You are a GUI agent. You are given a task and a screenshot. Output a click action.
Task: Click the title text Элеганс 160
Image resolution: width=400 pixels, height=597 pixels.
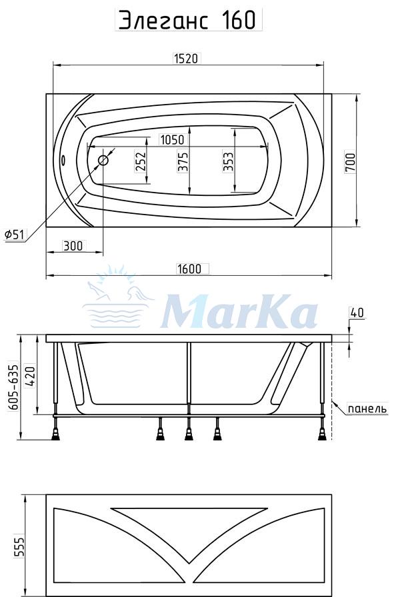188,20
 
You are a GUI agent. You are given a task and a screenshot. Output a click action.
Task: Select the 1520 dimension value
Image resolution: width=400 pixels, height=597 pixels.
186,59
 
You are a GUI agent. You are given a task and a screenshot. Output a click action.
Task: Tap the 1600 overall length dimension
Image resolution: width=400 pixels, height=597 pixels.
189,269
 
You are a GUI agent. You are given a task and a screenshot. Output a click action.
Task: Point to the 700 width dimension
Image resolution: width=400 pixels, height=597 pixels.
350,163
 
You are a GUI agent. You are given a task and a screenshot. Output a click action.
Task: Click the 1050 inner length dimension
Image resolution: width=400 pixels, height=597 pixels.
172,140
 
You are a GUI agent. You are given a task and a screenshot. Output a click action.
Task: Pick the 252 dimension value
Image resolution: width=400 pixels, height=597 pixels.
141,162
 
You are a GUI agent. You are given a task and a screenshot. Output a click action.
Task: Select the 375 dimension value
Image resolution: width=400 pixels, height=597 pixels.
183,162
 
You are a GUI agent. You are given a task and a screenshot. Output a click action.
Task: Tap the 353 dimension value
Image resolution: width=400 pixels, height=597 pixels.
228,162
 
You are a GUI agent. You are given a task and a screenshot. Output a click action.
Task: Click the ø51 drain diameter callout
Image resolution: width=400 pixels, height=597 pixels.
14,235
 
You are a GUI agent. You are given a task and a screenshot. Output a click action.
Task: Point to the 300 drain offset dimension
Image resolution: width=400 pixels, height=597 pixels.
73,246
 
